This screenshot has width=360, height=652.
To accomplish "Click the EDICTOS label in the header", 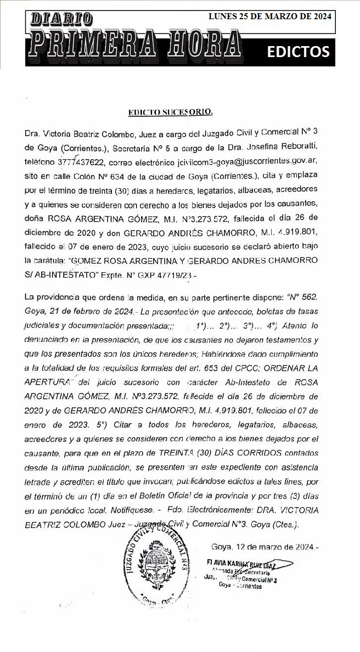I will point(298,51).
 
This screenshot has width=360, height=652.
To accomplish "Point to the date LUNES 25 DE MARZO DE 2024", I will point(270,16).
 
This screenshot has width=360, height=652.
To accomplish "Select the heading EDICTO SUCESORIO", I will point(170,113).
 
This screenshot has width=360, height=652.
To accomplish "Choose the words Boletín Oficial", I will point(162,496).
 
